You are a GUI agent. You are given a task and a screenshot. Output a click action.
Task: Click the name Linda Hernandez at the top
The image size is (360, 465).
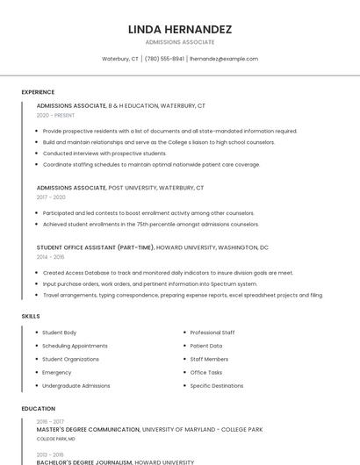click(x=179, y=29)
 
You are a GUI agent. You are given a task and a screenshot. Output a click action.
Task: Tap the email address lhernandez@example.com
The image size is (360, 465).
click(x=224, y=59)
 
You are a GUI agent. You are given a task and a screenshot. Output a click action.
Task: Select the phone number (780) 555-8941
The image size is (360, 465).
click(x=164, y=59)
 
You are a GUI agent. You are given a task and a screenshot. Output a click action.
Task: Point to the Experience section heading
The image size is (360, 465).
click(x=38, y=92)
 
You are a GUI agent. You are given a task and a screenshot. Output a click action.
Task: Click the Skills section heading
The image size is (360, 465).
click(x=31, y=316)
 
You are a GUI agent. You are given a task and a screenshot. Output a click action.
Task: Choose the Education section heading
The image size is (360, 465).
click(x=38, y=409)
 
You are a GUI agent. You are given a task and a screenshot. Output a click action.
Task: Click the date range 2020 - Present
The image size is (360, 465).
click(x=55, y=115)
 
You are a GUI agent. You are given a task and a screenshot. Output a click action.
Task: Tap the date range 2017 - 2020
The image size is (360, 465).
click(x=51, y=197)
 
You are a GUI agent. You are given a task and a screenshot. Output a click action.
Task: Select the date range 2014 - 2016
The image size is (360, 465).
click(x=50, y=257)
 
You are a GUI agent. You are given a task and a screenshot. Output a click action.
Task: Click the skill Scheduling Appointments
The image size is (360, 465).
click(x=75, y=346)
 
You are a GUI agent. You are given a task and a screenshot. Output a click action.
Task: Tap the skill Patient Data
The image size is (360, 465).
click(x=206, y=346)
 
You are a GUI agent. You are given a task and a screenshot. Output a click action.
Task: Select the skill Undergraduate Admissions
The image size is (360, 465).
click(x=76, y=385)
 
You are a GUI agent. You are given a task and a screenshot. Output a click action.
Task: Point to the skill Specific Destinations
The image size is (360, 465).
click(x=217, y=385)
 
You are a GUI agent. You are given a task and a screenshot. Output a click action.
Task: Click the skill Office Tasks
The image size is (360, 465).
click(x=206, y=372)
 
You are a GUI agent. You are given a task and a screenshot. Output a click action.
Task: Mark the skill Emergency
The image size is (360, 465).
click(x=57, y=372)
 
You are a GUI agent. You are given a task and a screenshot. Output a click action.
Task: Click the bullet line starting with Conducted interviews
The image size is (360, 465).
click(x=104, y=153)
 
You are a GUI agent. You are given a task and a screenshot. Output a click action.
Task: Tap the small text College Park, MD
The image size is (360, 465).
click(x=55, y=439)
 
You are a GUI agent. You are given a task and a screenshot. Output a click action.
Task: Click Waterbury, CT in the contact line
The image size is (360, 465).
click(x=120, y=59)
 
